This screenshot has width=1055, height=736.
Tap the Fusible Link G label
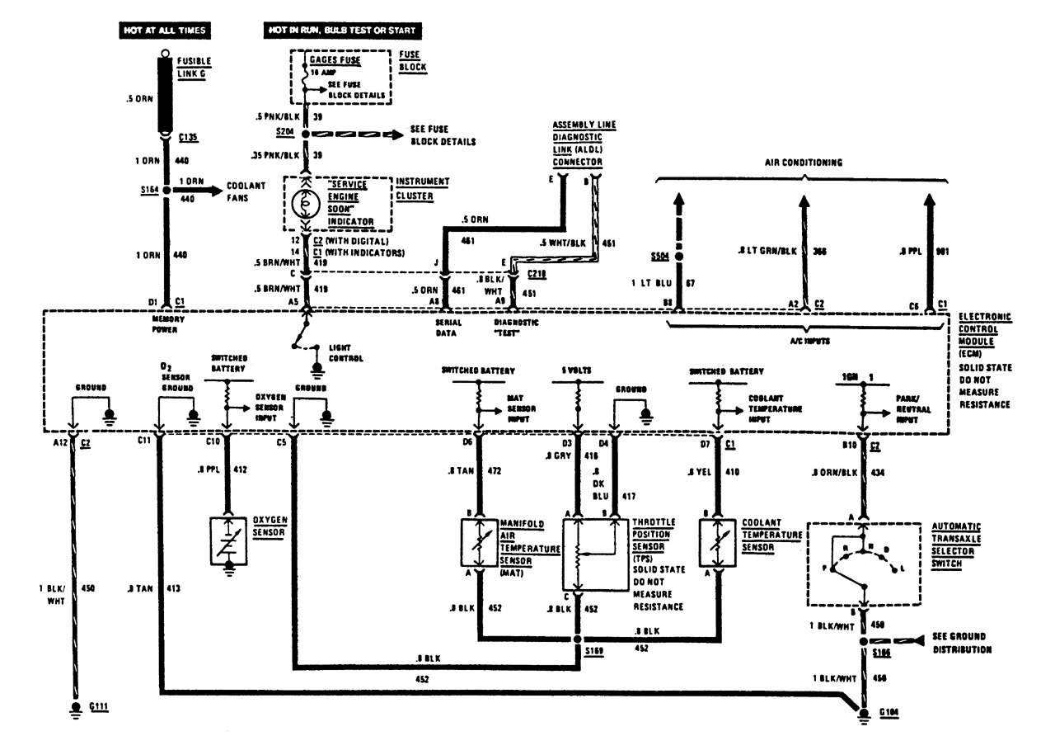click(x=193, y=67)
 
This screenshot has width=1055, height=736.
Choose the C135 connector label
click(x=189, y=137)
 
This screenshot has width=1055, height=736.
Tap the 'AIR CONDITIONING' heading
click(x=804, y=163)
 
